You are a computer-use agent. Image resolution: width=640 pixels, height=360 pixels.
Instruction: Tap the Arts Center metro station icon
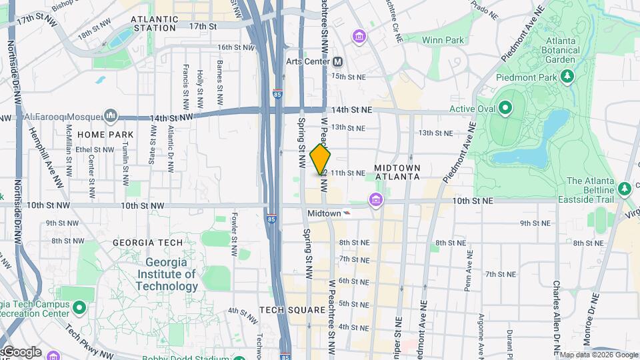pyautogui.click(x=338, y=61)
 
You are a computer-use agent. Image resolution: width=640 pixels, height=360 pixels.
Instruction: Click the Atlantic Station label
pyautogui.click(x=155, y=24)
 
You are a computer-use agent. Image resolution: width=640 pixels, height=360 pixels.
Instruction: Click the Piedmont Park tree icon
pyautogui.click(x=567, y=77)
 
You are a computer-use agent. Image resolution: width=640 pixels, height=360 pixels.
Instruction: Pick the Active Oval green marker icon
pyautogui.click(x=505, y=108)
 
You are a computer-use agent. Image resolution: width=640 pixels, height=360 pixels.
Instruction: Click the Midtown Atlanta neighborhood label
pyautogui.click(x=397, y=172)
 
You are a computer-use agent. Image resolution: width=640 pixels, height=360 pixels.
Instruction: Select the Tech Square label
pyautogui.click(x=292, y=310)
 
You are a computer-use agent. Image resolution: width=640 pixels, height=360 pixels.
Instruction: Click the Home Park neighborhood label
pyautogui.click(x=101, y=134)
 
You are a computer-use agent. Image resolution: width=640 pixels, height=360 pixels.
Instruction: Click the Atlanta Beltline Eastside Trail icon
pyautogui.click(x=625, y=188)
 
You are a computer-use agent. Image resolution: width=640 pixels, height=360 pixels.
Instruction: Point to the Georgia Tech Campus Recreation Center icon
pyautogui.click(x=79, y=308)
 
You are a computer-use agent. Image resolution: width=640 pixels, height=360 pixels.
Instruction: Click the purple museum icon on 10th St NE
pyautogui.click(x=376, y=200)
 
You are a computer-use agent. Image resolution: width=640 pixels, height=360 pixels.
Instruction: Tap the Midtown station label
pyautogui.click(x=324, y=213)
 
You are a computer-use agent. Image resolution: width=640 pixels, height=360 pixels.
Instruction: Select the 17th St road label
pyautogui.click(x=203, y=26)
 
